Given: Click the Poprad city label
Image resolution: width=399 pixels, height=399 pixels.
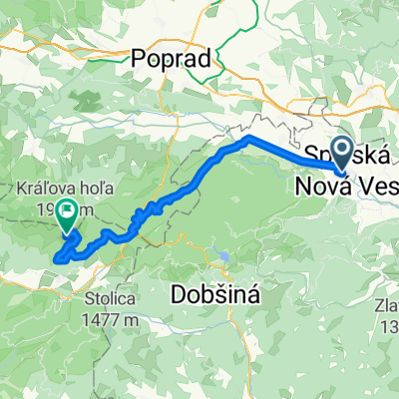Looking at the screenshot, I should click(x=172, y=59).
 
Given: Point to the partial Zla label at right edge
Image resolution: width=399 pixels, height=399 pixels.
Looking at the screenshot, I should click(x=387, y=282).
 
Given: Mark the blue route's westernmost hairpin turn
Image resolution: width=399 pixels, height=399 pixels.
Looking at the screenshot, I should click(x=56, y=258).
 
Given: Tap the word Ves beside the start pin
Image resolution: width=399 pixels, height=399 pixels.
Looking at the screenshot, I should click(x=375, y=186).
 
